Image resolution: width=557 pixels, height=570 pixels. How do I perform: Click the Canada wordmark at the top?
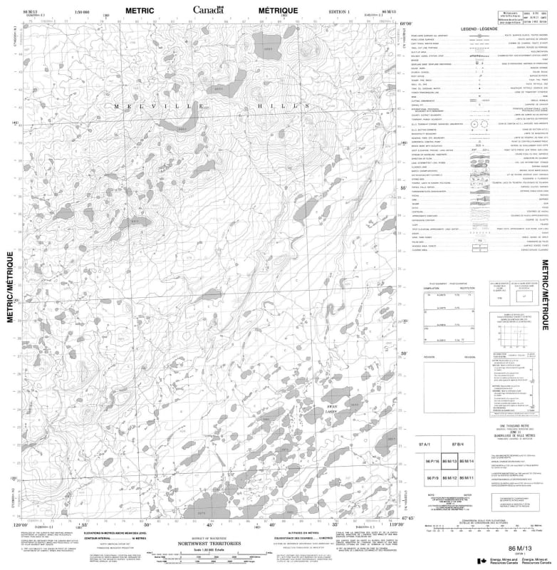click(207, 10)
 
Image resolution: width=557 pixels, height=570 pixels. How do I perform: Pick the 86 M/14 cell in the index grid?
click(466, 462)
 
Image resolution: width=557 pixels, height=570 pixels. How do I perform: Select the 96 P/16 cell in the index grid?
click(432, 462)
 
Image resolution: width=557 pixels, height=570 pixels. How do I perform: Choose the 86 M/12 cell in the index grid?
click(449, 480)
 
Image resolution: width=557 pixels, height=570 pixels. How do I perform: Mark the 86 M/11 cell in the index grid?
click(466, 480)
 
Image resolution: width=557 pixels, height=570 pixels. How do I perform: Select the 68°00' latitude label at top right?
click(406, 24)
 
